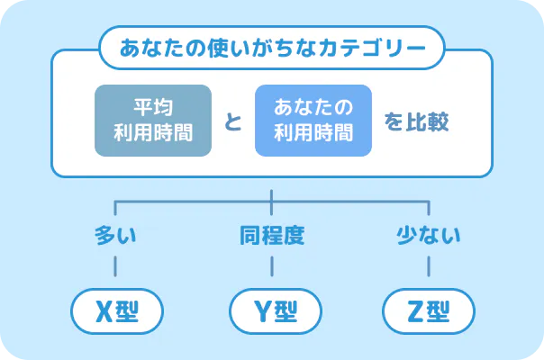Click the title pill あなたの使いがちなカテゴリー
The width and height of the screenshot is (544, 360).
pyautogui.click(x=271, y=49)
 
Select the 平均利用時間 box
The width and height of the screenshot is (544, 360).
pyautogui.click(x=152, y=121)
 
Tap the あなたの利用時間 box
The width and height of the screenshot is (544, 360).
pyautogui.click(x=313, y=121)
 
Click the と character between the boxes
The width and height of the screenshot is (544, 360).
pyautogui.click(x=232, y=121)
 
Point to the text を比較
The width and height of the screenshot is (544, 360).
pyautogui.click(x=416, y=121)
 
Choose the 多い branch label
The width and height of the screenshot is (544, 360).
pyautogui.click(x=116, y=237)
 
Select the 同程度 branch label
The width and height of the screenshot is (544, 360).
pyautogui.click(x=272, y=237)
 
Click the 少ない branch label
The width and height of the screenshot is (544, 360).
pyautogui.click(x=428, y=237)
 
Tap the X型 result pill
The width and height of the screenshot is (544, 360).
pyautogui.click(x=116, y=310)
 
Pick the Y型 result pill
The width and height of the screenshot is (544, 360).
pyautogui.click(x=272, y=310)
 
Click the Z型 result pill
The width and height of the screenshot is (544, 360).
pyautogui.click(x=428, y=310)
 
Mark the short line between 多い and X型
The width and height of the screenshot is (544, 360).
pyautogui.click(x=116, y=265)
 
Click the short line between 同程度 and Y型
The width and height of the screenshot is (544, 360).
pyautogui.click(x=272, y=265)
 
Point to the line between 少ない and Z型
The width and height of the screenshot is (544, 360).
pyautogui.click(x=428, y=265)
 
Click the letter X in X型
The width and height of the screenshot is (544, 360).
pyautogui.click(x=103, y=310)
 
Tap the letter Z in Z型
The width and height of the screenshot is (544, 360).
pyautogui.click(x=414, y=310)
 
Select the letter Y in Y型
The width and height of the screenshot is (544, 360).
pyautogui.click(x=258, y=310)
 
